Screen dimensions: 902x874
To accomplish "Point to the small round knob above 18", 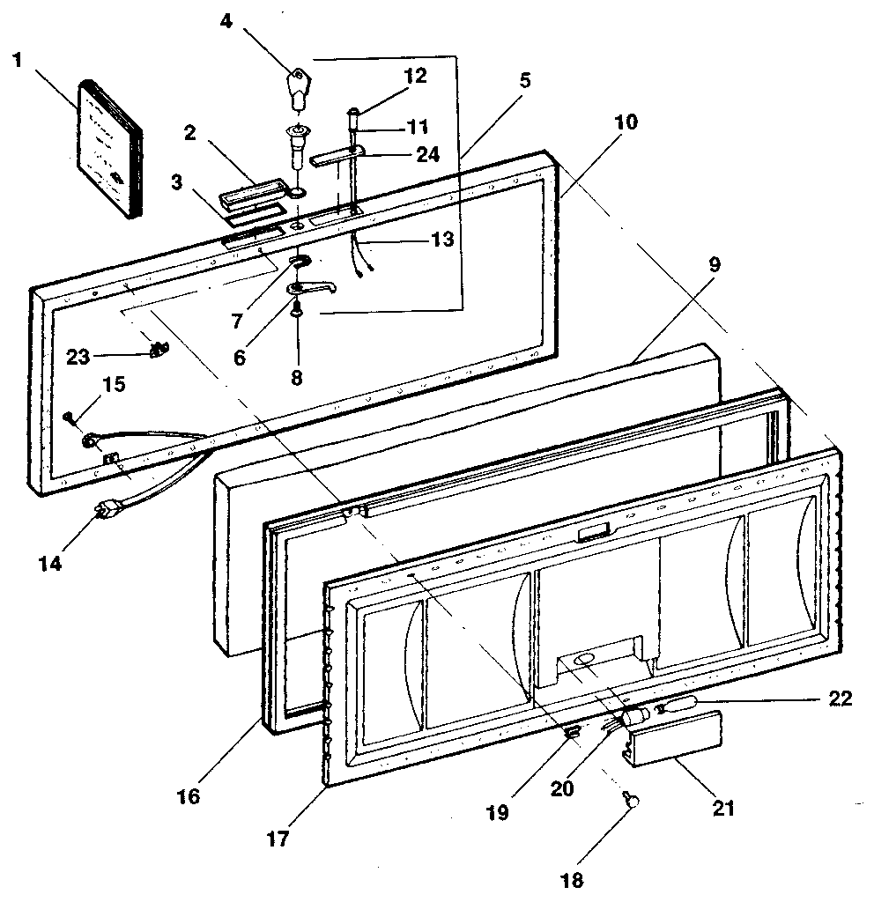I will click(632, 799).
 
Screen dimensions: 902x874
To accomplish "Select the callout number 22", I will click(841, 699).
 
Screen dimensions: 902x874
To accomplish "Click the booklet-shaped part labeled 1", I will click(110, 150).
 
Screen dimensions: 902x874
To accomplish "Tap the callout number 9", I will click(714, 263).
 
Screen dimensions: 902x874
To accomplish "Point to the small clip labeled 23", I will click(159, 351).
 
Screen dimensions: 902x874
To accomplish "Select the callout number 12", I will click(414, 75).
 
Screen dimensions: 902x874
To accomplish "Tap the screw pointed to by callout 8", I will click(298, 309).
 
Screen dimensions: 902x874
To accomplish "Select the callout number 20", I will click(561, 789).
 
